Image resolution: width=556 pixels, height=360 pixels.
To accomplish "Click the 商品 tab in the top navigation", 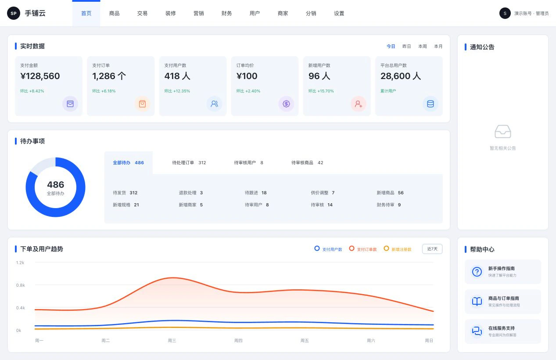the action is pos(114,14).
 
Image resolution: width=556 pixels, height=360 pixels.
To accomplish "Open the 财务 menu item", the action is pos(226,14).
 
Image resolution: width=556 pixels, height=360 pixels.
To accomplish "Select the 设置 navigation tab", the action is pos(339,14).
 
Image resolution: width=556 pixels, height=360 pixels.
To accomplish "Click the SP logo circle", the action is pos(14,13).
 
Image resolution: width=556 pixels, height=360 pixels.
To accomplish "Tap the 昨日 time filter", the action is pos(406,47).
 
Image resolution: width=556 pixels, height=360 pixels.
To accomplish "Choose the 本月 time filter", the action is pos(438,47).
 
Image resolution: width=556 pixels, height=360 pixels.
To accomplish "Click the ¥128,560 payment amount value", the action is pos(40,76).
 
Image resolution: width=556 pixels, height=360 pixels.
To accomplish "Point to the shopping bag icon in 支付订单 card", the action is pos(142,104).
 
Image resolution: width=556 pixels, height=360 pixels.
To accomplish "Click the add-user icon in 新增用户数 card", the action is pos(359,104).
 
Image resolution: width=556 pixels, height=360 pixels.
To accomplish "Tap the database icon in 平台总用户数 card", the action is pos(430,104).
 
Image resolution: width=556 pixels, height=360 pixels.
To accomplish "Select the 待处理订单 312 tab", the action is pos(189,162).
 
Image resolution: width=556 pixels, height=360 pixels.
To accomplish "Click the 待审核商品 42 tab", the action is pos(307,162).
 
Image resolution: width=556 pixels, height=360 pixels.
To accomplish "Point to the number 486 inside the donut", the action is pos(56,184).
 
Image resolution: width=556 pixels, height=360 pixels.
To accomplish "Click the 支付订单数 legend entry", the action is pos(363,249).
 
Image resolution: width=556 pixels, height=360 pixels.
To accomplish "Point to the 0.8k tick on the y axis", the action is pos(21,285).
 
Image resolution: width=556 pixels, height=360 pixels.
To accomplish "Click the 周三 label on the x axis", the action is pos(172,341).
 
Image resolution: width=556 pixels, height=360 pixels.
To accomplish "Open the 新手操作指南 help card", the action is pos(503,272).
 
